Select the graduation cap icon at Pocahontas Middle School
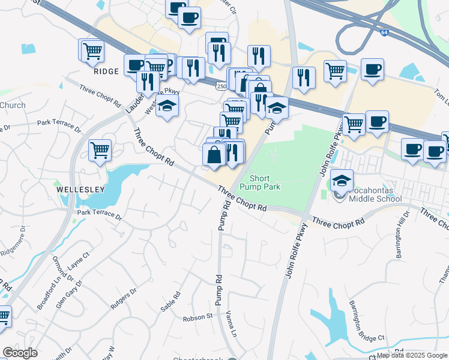click(342, 180)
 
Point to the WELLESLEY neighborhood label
click(81, 189)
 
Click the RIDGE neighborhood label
click(107, 71)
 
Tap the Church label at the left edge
click(13, 106)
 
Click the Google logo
click(20, 353)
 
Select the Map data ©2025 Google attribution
click(412, 355)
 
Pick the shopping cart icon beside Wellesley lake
click(100, 150)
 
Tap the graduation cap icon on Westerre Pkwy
click(167, 106)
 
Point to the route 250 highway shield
click(221, 87)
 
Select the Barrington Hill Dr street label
click(402, 235)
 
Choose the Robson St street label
click(198, 316)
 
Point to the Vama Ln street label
click(232, 323)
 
